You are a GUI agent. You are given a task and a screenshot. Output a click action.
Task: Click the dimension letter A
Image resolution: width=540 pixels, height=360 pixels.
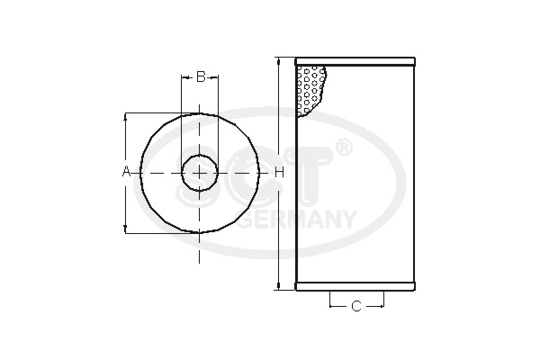tap(126, 172)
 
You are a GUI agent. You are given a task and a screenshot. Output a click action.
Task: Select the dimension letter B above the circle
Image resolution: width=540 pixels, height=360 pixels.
tap(201, 76)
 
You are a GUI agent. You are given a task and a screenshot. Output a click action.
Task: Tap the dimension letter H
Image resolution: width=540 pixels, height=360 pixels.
tap(279, 172)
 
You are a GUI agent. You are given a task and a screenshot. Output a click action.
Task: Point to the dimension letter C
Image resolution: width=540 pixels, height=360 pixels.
tap(355, 306)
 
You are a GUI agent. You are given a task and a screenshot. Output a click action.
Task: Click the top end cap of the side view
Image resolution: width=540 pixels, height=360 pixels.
tap(355, 62)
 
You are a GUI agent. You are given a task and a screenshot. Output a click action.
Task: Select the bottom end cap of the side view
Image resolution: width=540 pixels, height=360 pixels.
tap(355, 287)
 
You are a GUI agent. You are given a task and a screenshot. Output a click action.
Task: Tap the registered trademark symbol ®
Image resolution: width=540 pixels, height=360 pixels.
tap(344, 146)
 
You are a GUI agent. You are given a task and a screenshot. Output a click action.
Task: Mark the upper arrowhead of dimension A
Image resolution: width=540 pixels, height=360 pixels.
tap(126, 117)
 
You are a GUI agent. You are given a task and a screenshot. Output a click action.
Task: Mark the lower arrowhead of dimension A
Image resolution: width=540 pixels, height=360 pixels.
tap(126, 229)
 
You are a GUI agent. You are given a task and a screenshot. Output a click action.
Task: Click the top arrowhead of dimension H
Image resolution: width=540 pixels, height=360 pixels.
tap(279, 63)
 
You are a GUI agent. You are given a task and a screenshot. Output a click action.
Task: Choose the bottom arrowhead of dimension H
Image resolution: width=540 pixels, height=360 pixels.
tap(279, 286)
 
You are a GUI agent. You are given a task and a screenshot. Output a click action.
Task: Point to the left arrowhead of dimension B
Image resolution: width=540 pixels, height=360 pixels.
tap(184, 76)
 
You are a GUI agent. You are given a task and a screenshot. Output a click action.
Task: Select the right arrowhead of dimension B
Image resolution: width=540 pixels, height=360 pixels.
tap(215, 76)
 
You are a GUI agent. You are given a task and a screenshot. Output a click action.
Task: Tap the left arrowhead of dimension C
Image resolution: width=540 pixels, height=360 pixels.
tap(333, 306)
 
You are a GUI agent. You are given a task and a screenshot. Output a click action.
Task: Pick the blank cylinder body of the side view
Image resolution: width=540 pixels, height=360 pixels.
tap(360, 198)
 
